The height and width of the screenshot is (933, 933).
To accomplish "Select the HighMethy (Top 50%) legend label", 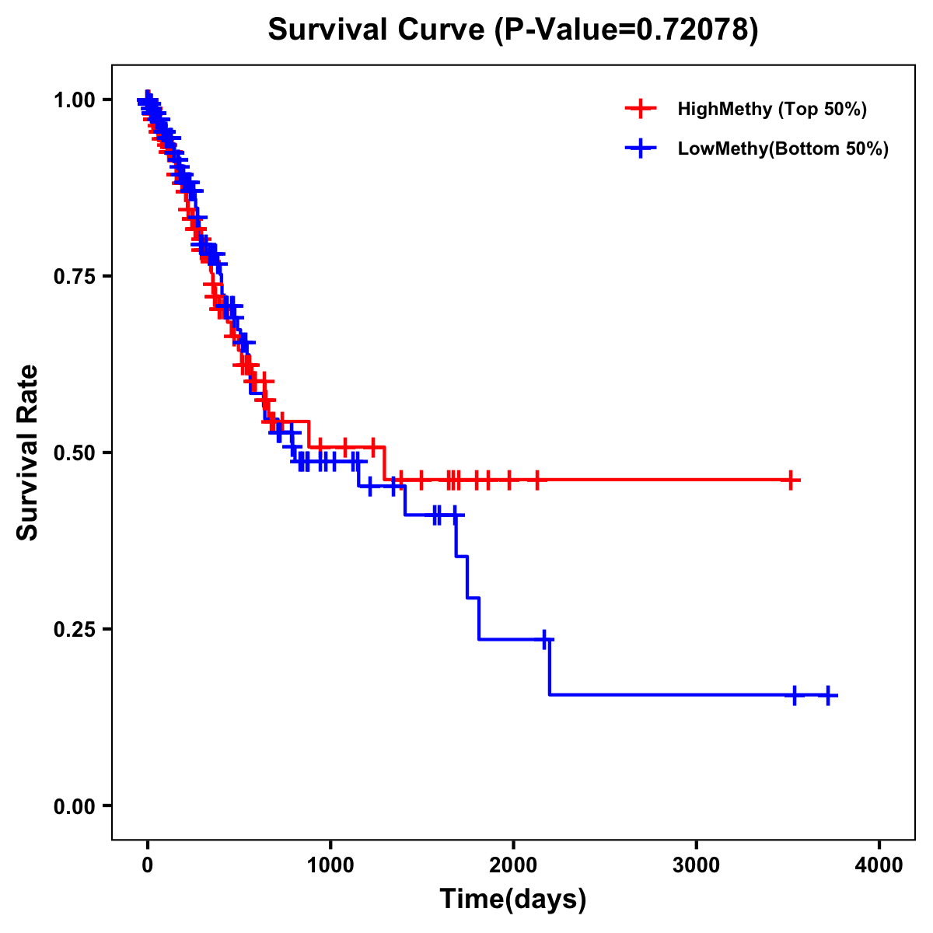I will (772, 109).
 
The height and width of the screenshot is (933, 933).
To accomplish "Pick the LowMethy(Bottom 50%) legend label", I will (783, 149).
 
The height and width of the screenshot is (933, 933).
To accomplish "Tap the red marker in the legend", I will (641, 109).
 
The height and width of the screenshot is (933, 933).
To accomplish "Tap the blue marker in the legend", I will (641, 149).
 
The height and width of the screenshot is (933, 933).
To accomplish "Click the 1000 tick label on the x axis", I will (330, 865).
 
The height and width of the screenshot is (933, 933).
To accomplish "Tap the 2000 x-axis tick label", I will (513, 865).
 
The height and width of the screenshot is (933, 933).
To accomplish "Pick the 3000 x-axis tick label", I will (697, 865).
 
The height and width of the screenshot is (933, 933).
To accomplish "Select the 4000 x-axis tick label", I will (879, 865).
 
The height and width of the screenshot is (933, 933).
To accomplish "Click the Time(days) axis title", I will (513, 900).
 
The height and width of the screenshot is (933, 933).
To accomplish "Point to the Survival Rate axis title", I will (28, 453).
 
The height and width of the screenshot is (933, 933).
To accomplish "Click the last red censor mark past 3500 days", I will (791, 480).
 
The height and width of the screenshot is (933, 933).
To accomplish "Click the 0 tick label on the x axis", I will (148, 865).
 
